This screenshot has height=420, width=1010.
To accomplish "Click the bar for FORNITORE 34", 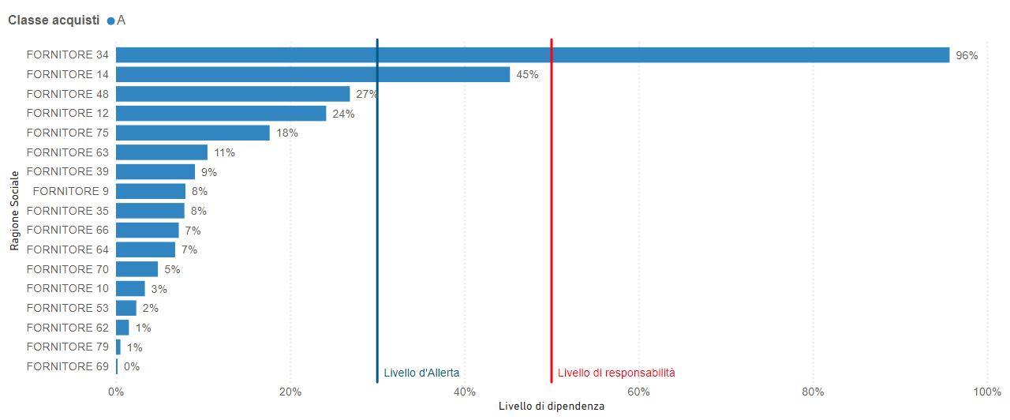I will tap(533, 55).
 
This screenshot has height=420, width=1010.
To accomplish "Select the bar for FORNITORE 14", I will tap(312, 74).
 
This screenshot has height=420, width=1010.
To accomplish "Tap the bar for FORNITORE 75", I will tap(193, 133).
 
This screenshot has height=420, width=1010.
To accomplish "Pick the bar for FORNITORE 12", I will tap(221, 114).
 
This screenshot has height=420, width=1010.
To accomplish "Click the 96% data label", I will tap(967, 56).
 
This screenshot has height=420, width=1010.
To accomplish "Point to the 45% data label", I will tap(527, 75).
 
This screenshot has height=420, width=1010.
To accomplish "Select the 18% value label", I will tap(287, 133).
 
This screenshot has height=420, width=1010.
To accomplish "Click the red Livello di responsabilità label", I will tap(616, 373).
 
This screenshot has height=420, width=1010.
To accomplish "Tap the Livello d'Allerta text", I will tap(421, 373).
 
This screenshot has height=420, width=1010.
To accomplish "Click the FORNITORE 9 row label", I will tap(70, 191).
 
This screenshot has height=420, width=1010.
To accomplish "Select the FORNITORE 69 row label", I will tap(67, 366).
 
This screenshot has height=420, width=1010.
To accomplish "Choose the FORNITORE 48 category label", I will tap(67, 94).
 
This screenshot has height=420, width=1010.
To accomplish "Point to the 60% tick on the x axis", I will tap(638, 392).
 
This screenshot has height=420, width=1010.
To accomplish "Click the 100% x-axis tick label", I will tap(986, 392).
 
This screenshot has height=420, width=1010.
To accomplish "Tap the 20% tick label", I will tap(290, 392).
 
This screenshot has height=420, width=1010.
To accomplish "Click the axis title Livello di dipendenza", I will tap(552, 406).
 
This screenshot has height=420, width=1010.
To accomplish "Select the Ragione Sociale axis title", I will tap(14, 210).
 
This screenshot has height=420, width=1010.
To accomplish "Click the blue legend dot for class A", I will tap(110, 21).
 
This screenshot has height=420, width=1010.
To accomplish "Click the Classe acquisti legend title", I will tap(54, 21).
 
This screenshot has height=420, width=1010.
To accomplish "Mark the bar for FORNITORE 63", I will tap(162, 152).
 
